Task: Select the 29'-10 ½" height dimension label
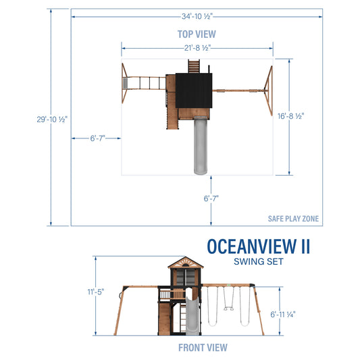(51, 118)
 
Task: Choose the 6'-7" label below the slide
(211, 198)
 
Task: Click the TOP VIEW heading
(196, 32)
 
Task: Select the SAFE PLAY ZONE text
(293, 219)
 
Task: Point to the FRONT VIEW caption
(203, 347)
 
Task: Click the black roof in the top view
(194, 91)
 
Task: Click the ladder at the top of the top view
(195, 66)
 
